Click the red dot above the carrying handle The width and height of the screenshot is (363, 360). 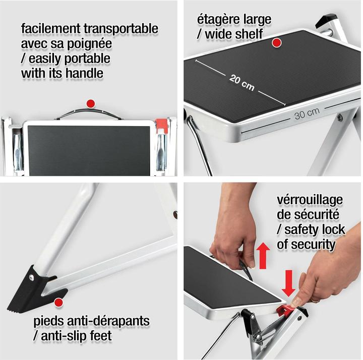91,103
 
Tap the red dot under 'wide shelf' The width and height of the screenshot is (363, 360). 276,43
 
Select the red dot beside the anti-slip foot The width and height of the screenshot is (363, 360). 58,302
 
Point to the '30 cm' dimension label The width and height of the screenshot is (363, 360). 307,114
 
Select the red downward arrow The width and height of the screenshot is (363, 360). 288,282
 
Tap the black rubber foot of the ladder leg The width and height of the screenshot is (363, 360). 29,290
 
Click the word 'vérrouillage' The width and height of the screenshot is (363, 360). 310,199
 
